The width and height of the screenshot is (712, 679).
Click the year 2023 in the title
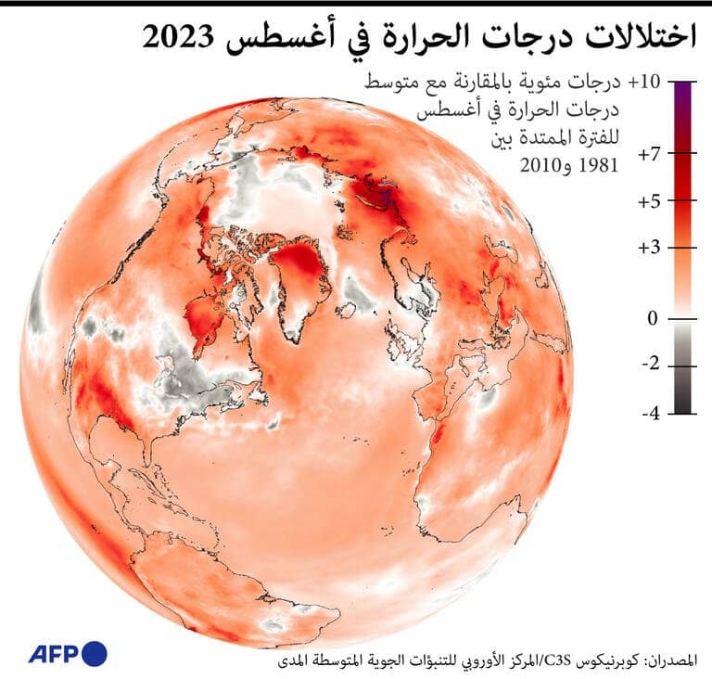[x=178, y=37]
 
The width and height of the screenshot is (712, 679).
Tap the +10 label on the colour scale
[x=644, y=82]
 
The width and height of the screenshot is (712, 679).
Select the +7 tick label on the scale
[x=649, y=155]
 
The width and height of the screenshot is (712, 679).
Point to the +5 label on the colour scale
[x=649, y=201]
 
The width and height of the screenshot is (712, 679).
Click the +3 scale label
[x=649, y=249]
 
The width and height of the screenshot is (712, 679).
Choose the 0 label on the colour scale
[x=653, y=318]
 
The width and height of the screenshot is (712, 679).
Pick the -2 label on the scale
[x=651, y=364]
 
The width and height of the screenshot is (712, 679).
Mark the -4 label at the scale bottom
[x=651, y=413]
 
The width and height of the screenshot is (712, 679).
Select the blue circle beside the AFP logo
[x=95, y=654]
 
